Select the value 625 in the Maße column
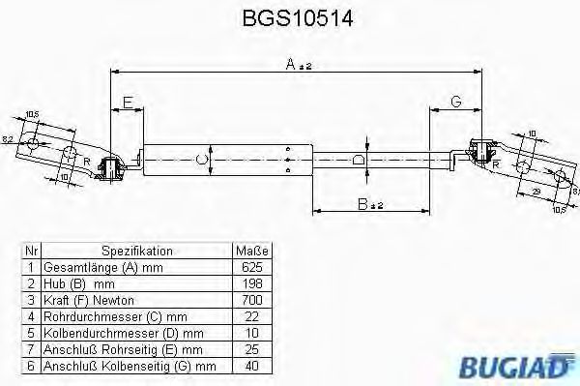click(250, 265)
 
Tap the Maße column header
click(250, 250)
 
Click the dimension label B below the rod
click(361, 205)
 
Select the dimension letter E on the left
click(128, 100)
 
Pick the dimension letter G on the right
click(456, 101)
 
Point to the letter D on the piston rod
click(357, 160)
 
